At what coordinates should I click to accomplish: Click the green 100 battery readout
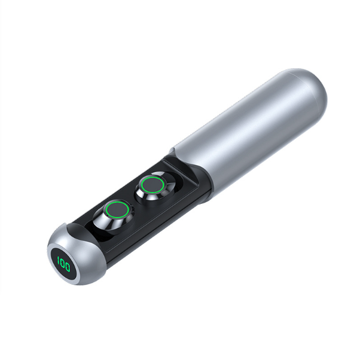pyautogui.click(x=64, y=264)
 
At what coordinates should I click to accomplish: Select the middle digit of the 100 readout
pyautogui.click(x=63, y=264)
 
